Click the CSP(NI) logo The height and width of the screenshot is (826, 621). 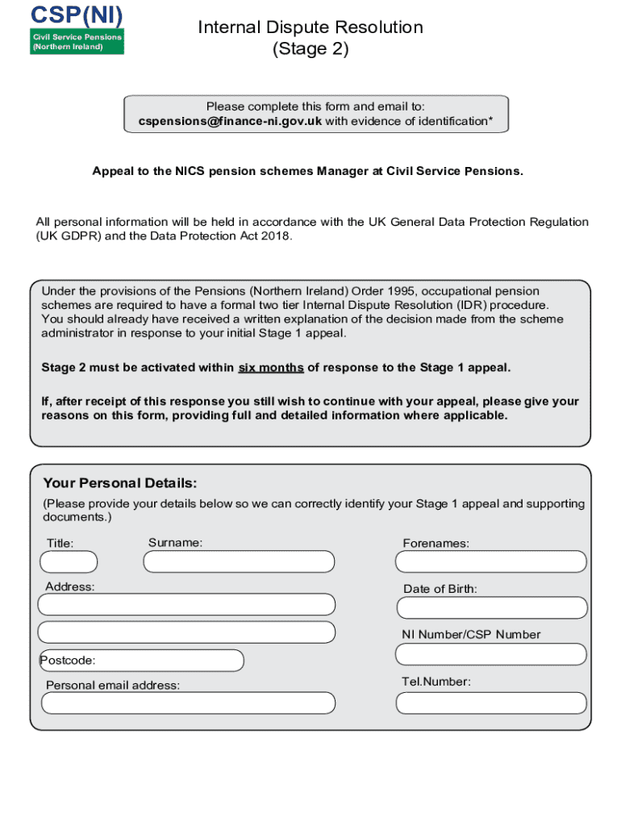tap(77, 28)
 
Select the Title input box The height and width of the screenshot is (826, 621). tap(69, 561)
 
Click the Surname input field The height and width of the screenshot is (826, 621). tap(239, 561)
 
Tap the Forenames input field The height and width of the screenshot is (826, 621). tap(492, 561)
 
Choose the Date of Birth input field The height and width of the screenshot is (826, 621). tap(492, 607)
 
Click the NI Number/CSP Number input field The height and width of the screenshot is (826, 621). tap(492, 654)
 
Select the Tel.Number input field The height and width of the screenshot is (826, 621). tap(492, 703)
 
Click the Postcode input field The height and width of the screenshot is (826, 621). tap(142, 661)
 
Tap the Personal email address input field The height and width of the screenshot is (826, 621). tap(188, 703)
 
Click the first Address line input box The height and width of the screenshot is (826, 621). tap(186, 604)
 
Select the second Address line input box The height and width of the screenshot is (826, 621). tap(186, 632)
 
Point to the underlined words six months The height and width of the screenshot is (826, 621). tap(271, 368)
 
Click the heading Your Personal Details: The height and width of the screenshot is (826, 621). tap(120, 483)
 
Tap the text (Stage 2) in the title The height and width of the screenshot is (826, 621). tap(310, 49)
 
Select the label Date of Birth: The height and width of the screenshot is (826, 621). tap(440, 589)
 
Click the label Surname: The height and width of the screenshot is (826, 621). tap(175, 543)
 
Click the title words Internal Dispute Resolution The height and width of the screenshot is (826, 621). tap(310, 27)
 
